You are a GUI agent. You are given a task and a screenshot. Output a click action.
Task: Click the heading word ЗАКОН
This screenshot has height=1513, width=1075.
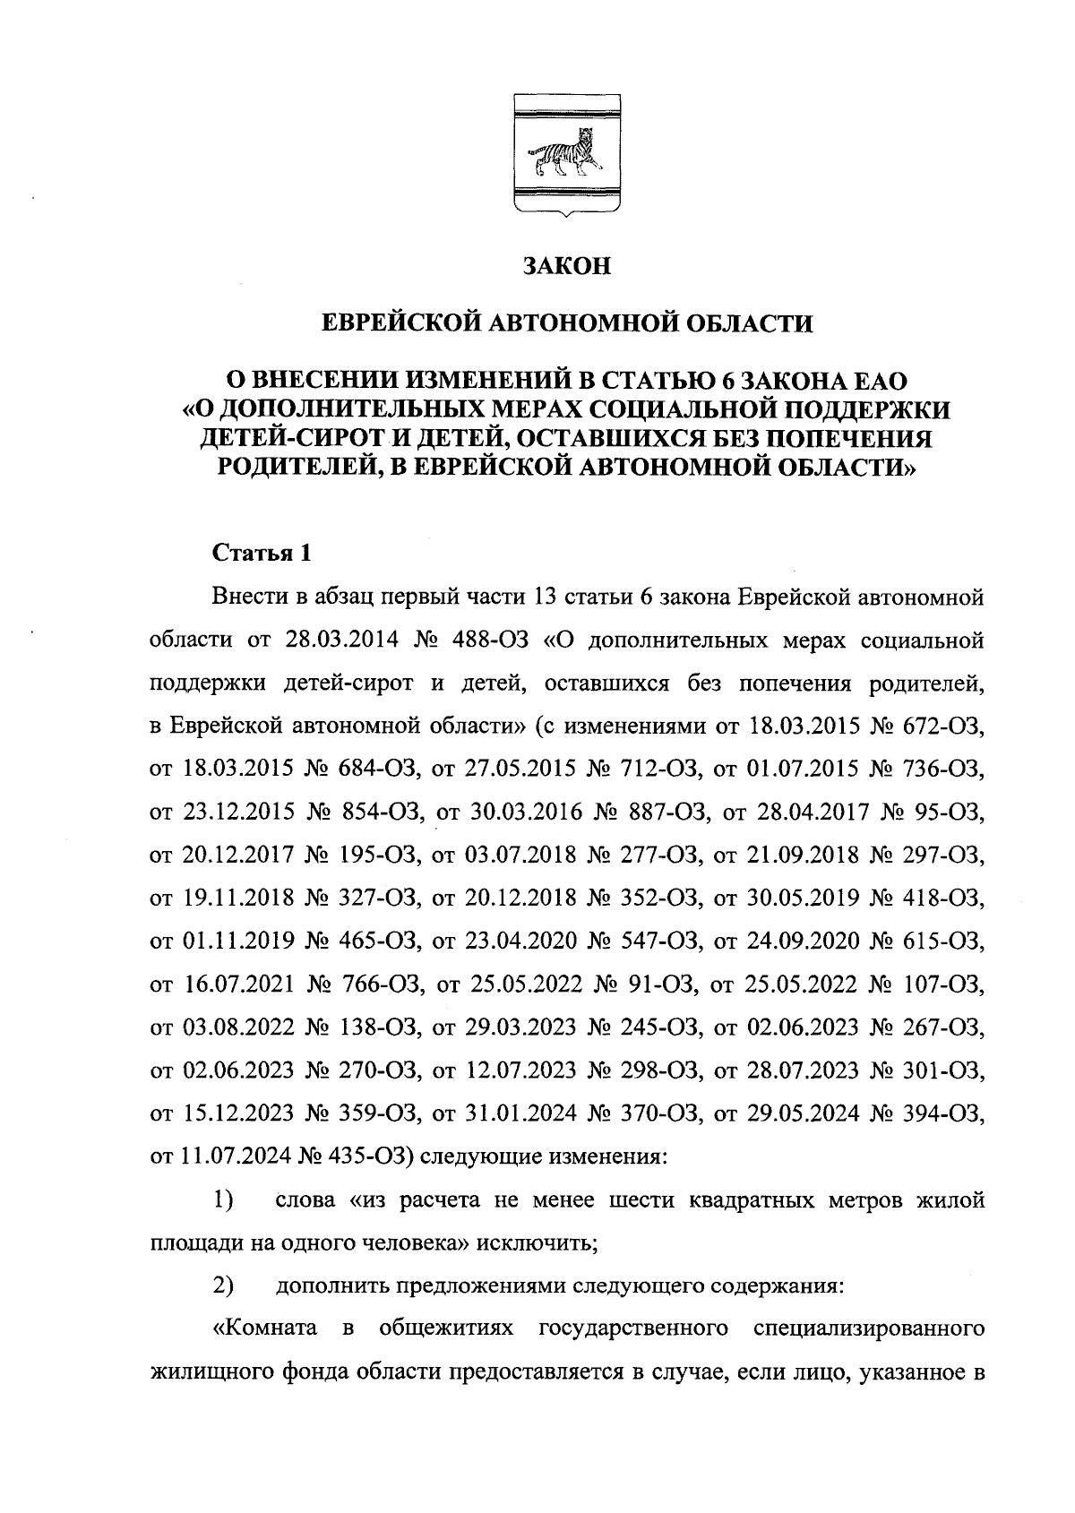coord(565,266)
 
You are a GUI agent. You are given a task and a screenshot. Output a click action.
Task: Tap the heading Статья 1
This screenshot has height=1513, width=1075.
coord(262,553)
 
